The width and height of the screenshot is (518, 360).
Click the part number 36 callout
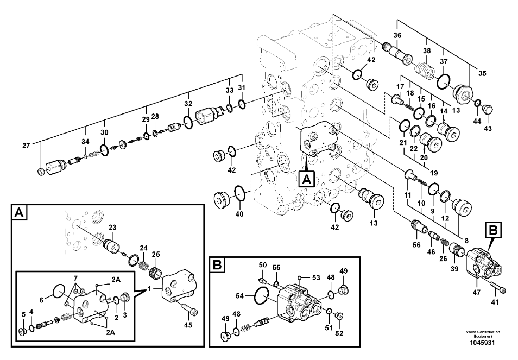(x=397, y=36)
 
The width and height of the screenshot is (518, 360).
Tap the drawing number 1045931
(x=482, y=342)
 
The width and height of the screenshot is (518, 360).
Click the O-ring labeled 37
(x=444, y=80)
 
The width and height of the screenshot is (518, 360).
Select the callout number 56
(x=416, y=245)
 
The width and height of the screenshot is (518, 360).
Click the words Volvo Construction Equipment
(x=482, y=334)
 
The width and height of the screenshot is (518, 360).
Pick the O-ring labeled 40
(x=239, y=191)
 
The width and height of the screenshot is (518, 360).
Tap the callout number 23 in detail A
(x=112, y=228)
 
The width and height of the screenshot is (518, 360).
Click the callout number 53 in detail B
(x=315, y=277)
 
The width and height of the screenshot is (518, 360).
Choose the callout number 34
(x=85, y=142)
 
